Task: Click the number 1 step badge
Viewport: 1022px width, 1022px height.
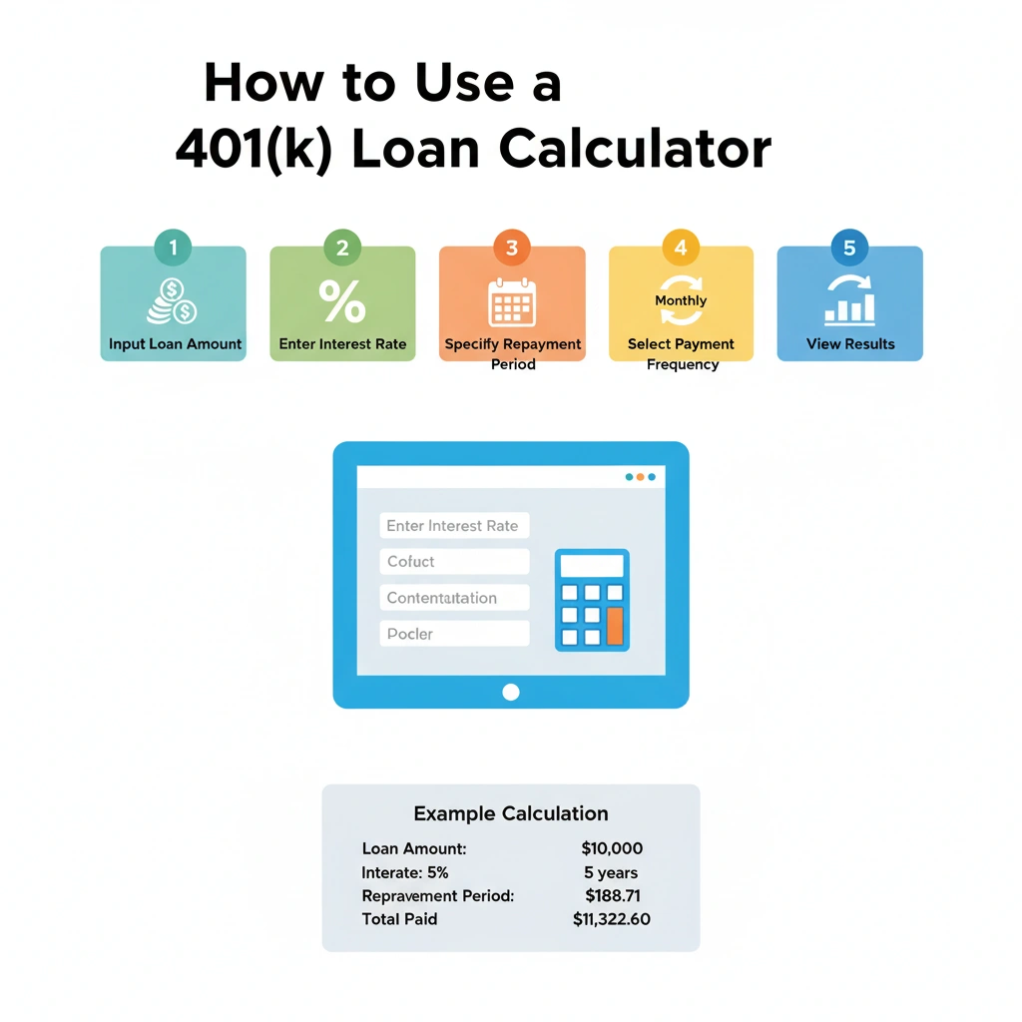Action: [x=173, y=248]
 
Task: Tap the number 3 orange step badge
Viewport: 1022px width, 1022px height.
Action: [x=511, y=248]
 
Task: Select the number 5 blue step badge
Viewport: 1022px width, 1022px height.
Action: [x=849, y=248]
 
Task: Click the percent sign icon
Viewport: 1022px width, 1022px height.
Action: [x=342, y=301]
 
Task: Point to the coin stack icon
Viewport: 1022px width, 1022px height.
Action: [x=172, y=301]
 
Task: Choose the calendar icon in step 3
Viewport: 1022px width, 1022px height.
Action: [x=512, y=302]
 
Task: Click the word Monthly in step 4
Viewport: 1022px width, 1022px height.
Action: [x=681, y=300]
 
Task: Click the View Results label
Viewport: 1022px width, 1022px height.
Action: [x=850, y=344]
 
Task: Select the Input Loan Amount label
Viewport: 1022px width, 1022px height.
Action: [x=176, y=344]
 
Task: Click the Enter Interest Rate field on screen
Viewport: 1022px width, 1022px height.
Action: [x=454, y=526]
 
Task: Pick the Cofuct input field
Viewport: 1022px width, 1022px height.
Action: [x=454, y=562]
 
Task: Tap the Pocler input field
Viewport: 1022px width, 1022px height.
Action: [x=454, y=634]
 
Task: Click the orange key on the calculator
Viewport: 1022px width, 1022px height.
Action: [x=615, y=626]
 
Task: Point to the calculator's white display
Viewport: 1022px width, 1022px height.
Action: [x=592, y=566]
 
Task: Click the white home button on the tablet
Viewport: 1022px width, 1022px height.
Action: [x=511, y=692]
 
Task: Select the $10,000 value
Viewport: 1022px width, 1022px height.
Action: [x=612, y=848]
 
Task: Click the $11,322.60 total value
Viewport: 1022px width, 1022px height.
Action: [x=612, y=919]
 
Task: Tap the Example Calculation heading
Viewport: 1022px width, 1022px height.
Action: [x=511, y=813]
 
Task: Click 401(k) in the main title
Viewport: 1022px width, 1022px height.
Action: [x=254, y=149]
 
